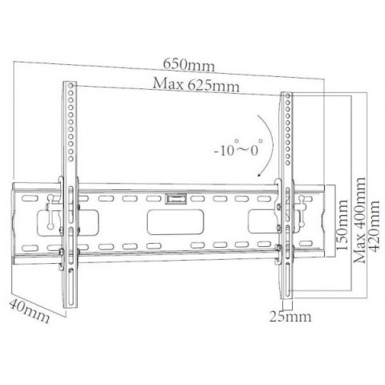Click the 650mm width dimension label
[188, 65]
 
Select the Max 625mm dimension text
[196, 85]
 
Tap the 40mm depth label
[29, 311]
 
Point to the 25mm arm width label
[290, 317]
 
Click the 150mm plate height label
[342, 225]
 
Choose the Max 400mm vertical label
[359, 220]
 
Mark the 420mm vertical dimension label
[374, 226]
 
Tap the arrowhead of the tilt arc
[259, 174]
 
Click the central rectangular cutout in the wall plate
[176, 222]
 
